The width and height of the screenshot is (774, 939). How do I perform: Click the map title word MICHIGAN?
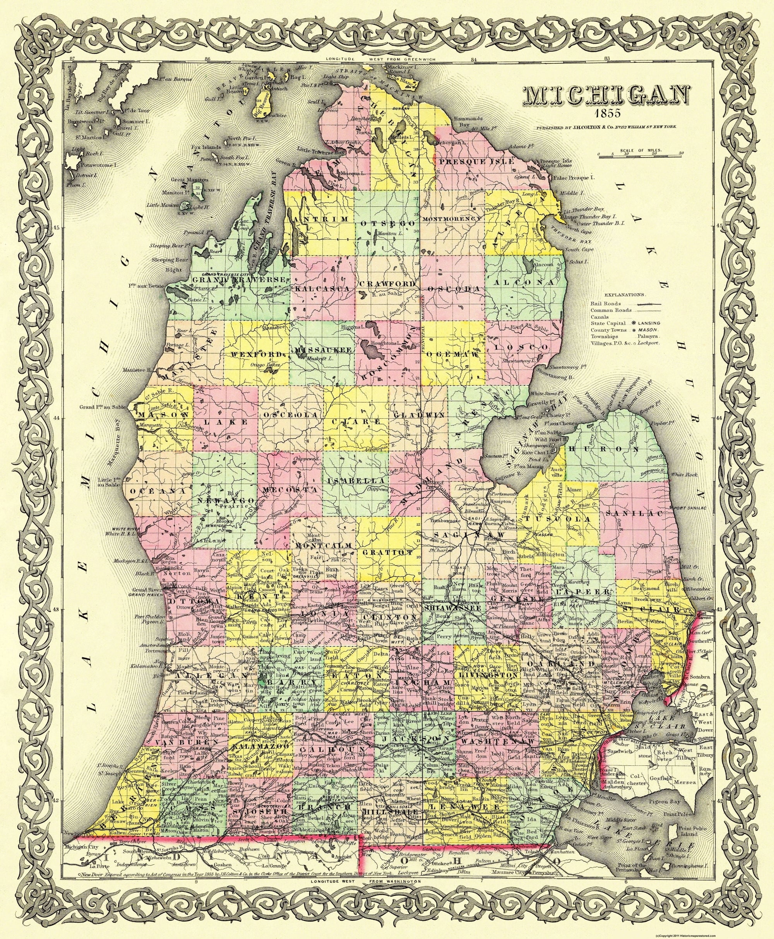click(604, 97)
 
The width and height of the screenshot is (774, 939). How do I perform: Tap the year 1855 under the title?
click(604, 112)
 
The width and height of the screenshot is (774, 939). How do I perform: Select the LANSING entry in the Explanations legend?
click(649, 323)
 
